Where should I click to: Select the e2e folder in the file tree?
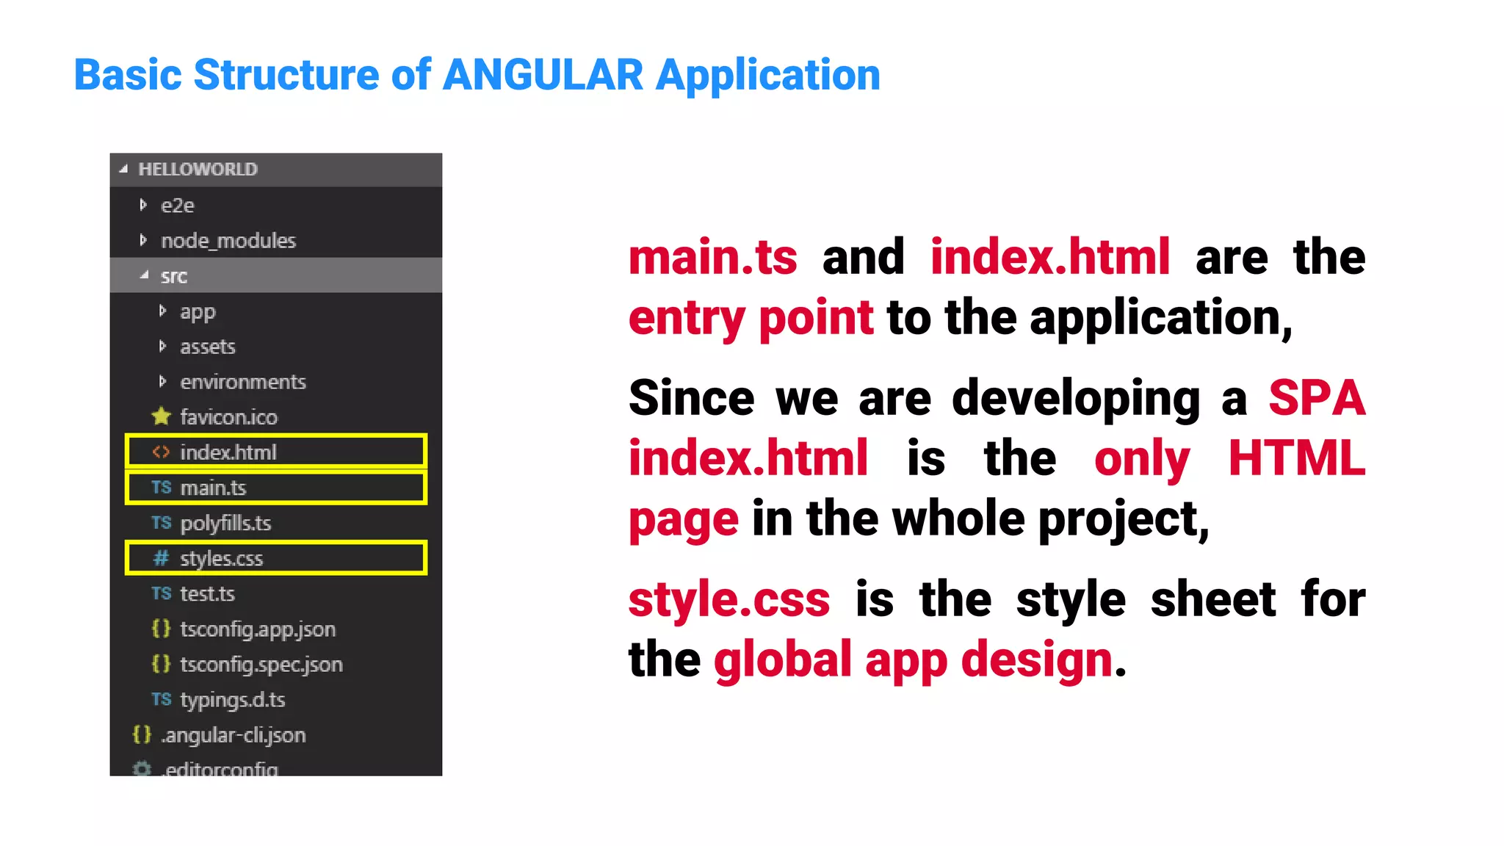tap(177, 206)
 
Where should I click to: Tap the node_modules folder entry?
tap(228, 241)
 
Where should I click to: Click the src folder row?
tap(174, 276)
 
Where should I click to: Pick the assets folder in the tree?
tap(207, 347)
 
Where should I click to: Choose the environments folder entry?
tap(242, 382)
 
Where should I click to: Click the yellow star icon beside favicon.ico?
tap(161, 416)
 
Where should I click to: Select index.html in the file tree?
tap(228, 452)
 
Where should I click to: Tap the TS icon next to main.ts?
tap(161, 488)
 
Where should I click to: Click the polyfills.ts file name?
tap(225, 523)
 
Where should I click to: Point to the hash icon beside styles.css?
tap(161, 558)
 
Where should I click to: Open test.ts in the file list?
tap(207, 593)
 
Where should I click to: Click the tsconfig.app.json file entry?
tap(257, 629)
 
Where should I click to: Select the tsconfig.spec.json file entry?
tap(261, 664)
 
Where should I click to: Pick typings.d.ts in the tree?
tap(232, 699)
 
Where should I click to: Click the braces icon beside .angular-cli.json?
tap(142, 734)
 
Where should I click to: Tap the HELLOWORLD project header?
tap(198, 170)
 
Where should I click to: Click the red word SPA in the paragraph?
tap(1317, 398)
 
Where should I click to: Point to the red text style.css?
tap(729, 599)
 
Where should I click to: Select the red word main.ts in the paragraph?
tap(712, 258)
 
